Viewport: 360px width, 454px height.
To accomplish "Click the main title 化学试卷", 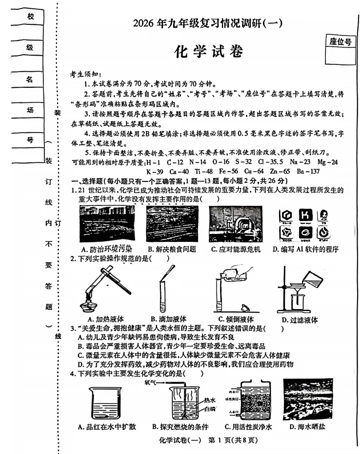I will (207, 52).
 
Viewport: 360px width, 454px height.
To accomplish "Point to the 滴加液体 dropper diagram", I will (165, 288).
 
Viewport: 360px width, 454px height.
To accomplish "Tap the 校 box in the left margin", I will (30, 17).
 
